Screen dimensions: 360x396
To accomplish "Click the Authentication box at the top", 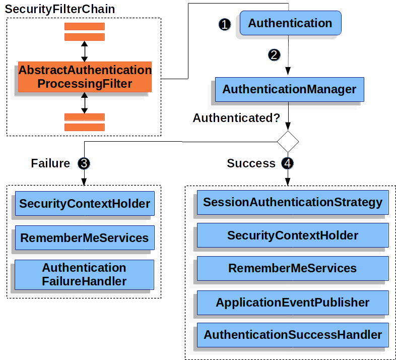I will point(290,23).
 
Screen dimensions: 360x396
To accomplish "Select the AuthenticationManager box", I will point(289,89).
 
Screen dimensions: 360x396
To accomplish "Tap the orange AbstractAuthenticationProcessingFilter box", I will point(85,77).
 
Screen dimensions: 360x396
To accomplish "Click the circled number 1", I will point(225,24).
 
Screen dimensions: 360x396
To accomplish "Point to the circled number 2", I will point(274,55).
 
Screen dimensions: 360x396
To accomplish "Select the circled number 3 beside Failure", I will point(84,163).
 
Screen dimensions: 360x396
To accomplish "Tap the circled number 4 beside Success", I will point(288,163).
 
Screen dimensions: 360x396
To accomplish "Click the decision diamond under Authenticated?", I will point(288,141).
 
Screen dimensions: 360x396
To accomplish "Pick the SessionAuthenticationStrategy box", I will point(292,202).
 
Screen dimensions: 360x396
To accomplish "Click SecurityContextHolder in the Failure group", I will point(85,204).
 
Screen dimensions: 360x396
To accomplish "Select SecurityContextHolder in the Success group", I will point(292,235).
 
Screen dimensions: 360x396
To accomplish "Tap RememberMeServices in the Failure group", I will point(85,237).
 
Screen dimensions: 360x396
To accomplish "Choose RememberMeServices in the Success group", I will point(292,268).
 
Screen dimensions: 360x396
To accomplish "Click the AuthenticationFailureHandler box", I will point(85,274).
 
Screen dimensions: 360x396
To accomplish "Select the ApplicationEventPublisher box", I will point(292,303).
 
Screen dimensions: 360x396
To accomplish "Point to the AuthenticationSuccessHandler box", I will point(292,335).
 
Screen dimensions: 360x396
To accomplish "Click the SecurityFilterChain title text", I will point(60,9).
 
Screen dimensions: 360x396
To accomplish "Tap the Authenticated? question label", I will point(236,118).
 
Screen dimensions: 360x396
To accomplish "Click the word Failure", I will point(50,163).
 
